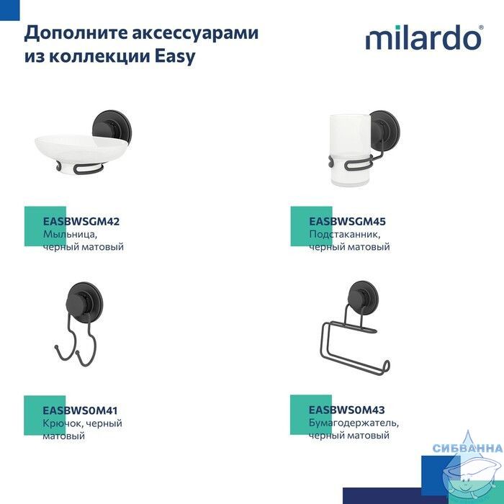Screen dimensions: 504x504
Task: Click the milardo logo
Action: coord(424,37)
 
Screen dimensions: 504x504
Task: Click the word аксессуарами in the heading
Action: coord(195,33)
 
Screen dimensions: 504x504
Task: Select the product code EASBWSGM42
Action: coord(81,222)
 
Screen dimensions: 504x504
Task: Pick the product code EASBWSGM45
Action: coord(347,222)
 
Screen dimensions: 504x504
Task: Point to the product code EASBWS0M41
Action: coord(81,410)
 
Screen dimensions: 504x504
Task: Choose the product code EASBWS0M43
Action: coord(346,410)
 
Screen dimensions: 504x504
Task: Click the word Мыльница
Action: coord(70,234)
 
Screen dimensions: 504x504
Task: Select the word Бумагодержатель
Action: coord(354,423)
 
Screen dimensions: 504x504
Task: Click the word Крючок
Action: coord(62,423)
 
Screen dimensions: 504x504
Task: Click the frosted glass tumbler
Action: coord(350,150)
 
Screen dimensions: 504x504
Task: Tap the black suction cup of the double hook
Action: coord(84,301)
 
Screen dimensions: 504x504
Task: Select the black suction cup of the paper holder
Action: coord(363,298)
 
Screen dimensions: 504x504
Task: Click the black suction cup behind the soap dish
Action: coord(112,126)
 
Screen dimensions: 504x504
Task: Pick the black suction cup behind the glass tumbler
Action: coord(385,129)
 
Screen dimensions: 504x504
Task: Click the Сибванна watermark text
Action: coord(468,448)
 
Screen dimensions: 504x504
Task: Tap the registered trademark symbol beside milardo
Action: coord(481,27)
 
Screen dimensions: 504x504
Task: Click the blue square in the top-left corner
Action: coord(9,10)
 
